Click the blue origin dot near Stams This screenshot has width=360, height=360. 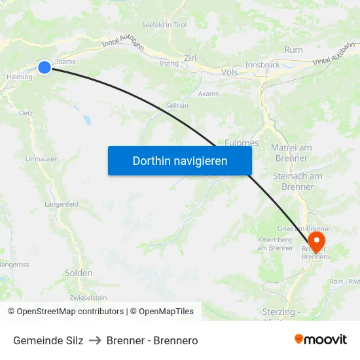(45, 67)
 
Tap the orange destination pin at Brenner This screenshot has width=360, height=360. (317, 240)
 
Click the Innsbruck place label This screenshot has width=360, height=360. (262, 65)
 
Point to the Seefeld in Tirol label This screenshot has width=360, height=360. (164, 25)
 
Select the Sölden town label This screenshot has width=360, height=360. (79, 272)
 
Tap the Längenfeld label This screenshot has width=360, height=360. (62, 204)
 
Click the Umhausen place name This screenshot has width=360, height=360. (41, 159)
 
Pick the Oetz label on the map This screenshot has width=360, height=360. (26, 113)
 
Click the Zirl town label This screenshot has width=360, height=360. (190, 58)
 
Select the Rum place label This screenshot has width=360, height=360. (294, 50)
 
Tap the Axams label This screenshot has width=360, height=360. (208, 94)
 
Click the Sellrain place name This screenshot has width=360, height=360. (177, 105)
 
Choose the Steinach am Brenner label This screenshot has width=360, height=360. (297, 181)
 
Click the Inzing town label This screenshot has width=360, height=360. (169, 63)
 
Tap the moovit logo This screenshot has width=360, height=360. (321, 339)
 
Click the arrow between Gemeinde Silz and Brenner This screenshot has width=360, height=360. (95, 340)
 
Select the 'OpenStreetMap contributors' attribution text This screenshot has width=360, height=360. (70, 312)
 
